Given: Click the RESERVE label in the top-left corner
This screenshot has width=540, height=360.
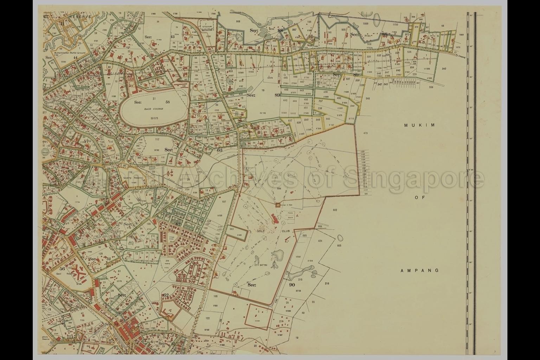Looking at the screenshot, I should point(80,17).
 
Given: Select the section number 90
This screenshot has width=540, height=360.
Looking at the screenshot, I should point(292,284).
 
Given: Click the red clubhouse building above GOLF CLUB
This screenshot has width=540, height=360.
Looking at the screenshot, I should point(274,220).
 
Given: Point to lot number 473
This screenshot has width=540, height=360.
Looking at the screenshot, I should point(365,133).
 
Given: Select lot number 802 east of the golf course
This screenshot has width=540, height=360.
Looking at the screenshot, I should point(335,210).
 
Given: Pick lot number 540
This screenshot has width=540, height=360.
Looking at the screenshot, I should point(368,99).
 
